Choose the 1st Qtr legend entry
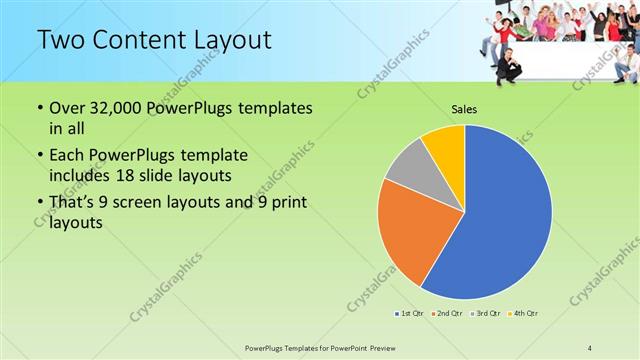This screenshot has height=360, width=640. coord(411,314)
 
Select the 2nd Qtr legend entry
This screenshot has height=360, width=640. coord(446,314)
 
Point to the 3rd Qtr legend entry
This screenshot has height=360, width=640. coord(486,314)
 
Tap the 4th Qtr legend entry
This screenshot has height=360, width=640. coord(523,314)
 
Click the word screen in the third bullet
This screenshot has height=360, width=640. coord(144,205)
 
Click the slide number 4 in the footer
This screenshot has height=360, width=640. coord(590,348)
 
